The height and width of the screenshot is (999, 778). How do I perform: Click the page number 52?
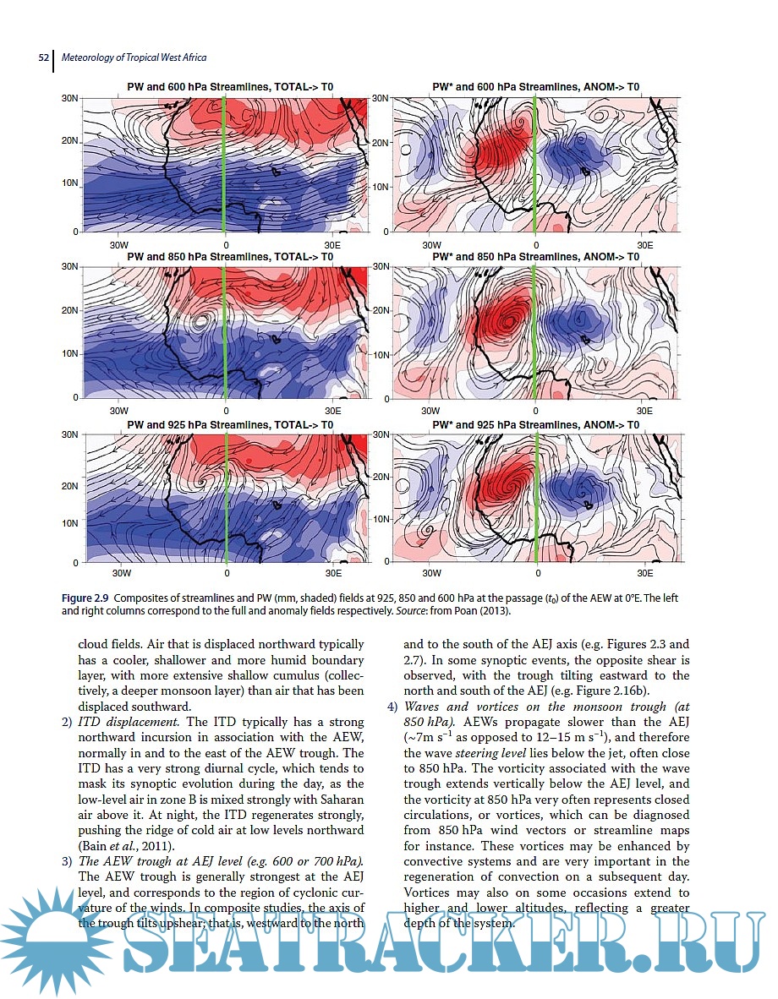click(44, 57)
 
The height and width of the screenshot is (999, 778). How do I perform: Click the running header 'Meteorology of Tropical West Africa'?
click(134, 57)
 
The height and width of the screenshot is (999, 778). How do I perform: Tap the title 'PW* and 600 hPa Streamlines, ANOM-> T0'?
click(535, 87)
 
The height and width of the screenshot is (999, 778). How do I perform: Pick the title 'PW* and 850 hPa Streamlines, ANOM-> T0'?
click(535, 256)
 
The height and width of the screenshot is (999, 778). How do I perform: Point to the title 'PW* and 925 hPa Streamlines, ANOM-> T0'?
click(535, 424)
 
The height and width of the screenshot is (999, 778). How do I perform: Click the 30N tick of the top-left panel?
click(70, 99)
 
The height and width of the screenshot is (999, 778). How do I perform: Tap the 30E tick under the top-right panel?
click(644, 244)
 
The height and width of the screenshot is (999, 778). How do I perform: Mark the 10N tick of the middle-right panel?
click(381, 354)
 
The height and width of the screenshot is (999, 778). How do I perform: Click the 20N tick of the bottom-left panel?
click(70, 486)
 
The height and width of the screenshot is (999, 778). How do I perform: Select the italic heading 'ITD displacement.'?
click(129, 722)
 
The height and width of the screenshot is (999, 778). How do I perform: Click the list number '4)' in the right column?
click(392, 707)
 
